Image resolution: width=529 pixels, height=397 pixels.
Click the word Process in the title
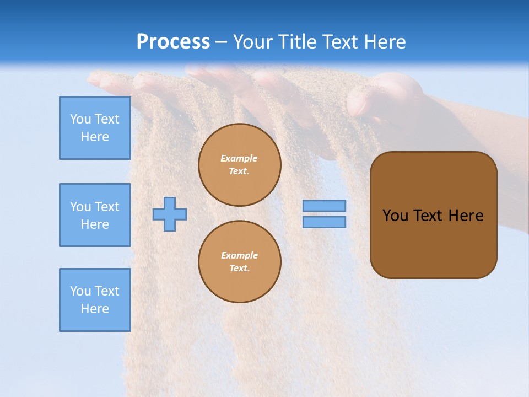(173, 42)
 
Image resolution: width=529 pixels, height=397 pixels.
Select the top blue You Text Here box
(95, 128)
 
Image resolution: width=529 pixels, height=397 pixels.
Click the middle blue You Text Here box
(95, 215)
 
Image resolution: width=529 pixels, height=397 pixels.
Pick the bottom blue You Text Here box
(95, 300)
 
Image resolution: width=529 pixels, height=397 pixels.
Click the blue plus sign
(170, 214)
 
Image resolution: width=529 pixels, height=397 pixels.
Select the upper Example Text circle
(240, 165)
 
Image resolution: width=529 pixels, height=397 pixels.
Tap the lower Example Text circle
(240, 262)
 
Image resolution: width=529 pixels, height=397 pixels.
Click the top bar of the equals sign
(325, 206)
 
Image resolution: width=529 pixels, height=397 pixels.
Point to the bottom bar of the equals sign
(325, 222)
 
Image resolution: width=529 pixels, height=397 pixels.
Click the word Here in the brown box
(466, 216)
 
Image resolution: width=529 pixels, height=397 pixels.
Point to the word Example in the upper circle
(239, 158)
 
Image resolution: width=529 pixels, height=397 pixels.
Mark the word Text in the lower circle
(239, 269)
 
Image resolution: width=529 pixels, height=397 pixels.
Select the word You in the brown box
(395, 216)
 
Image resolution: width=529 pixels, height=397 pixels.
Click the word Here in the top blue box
(95, 137)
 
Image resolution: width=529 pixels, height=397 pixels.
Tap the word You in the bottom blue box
(80, 291)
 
